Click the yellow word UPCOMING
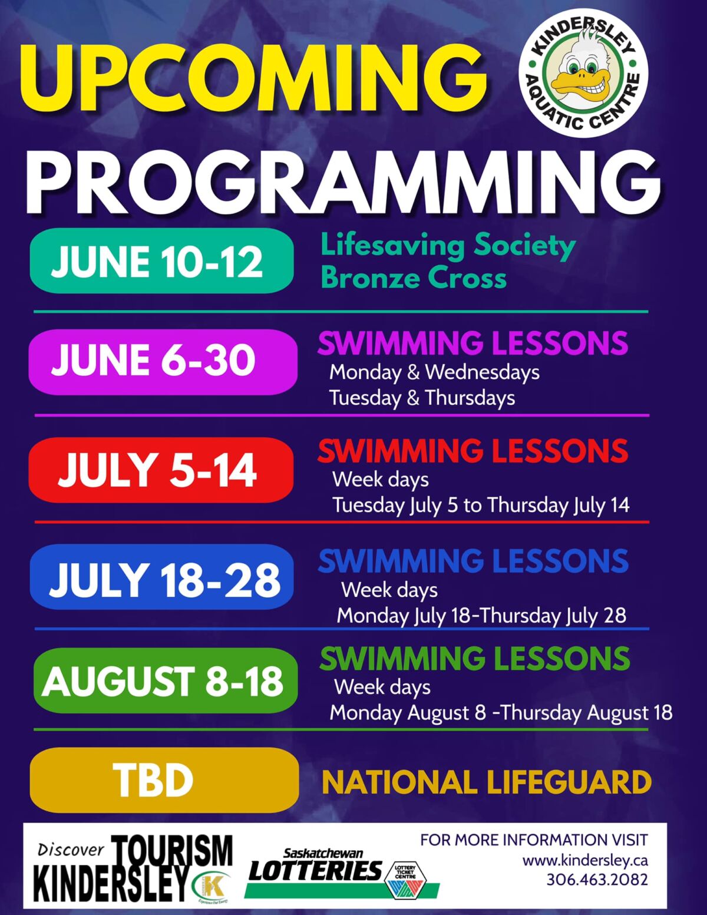253,75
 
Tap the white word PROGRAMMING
342,181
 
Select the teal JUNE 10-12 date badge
161,261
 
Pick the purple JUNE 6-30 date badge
163,361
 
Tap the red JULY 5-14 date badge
161,470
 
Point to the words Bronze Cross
413,278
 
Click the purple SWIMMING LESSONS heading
473,343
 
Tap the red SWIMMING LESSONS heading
473,451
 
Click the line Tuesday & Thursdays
422,398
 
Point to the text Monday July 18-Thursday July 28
481,616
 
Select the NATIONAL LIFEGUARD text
487,782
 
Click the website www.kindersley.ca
585,860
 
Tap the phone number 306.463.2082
597,880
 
